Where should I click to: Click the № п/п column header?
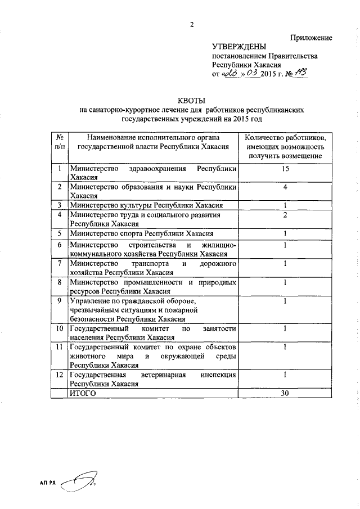[x=59, y=141]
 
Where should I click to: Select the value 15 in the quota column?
[x=285, y=168]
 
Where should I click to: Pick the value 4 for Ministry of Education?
[x=285, y=187]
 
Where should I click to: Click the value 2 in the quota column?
[x=285, y=215]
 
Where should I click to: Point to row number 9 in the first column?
[x=59, y=301]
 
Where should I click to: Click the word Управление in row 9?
[x=90, y=301]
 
